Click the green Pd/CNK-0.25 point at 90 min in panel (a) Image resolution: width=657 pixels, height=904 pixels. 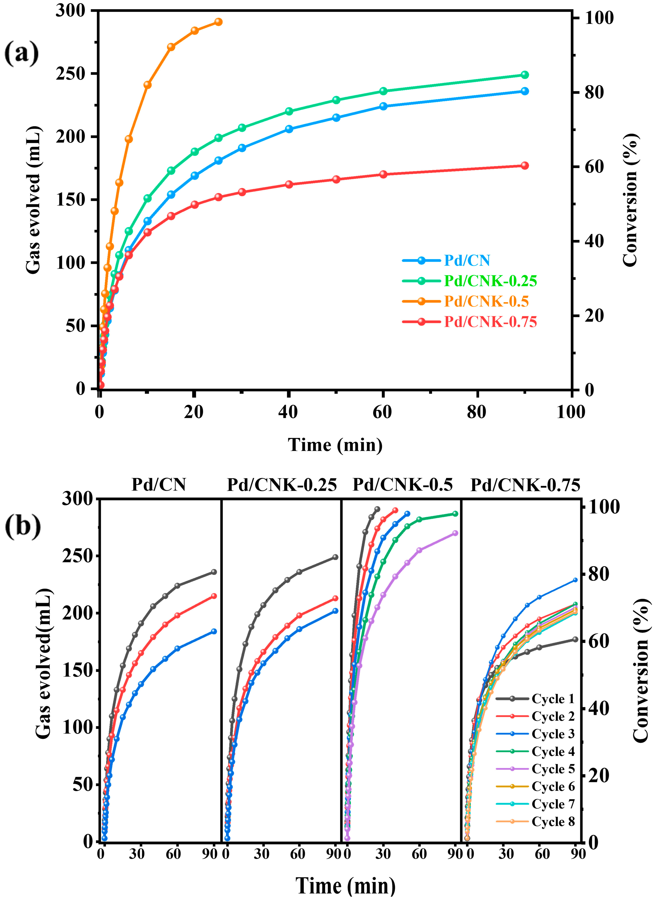point(525,75)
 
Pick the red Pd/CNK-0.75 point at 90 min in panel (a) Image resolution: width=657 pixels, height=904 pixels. point(525,166)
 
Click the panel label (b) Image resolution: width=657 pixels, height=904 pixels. point(22,526)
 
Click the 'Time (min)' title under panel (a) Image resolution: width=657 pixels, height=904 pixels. point(335,445)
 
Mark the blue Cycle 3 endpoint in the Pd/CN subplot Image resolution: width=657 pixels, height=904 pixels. point(214,631)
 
